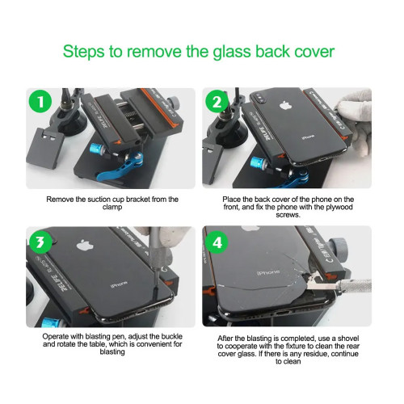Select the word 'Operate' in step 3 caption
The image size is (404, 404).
coord(60,335)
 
